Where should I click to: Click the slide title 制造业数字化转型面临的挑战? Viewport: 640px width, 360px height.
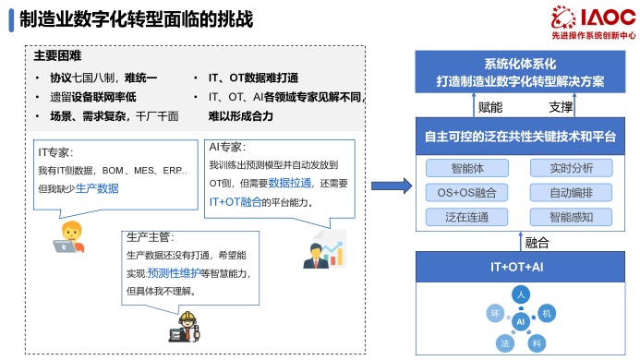[136, 20]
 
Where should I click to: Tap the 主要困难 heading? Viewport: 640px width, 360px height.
[57, 55]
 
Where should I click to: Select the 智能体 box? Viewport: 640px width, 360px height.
[465, 168]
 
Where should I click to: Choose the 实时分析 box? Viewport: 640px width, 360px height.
[570, 168]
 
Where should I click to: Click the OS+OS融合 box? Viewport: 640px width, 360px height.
[465, 193]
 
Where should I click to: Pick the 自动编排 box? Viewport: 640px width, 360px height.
[570, 193]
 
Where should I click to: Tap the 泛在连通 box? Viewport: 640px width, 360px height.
[465, 218]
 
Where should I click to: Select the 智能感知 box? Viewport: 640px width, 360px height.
[570, 218]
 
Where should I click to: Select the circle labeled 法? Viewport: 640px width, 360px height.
[504, 342]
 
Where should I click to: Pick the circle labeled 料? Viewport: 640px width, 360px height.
[536, 342]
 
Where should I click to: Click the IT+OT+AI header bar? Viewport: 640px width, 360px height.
[517, 267]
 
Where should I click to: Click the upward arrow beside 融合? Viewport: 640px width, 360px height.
[517, 243]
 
